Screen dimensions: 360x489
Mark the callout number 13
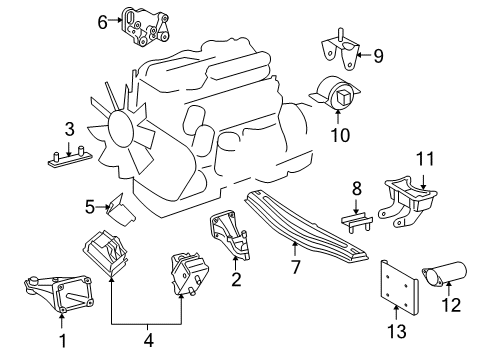(x=403, y=344)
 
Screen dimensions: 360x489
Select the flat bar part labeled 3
(x=69, y=156)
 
